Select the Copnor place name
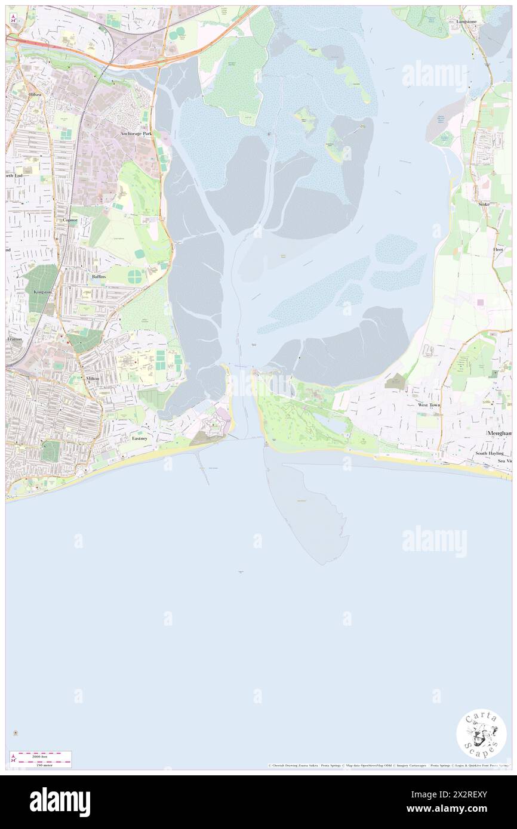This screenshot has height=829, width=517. point(70,219)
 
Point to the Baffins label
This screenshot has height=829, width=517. point(99,277)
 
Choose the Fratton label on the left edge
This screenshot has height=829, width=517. point(14,338)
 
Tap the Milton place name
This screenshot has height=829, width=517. point(93,379)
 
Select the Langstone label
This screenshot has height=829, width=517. point(466,21)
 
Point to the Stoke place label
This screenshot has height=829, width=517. point(484,204)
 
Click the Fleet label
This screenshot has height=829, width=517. point(498,249)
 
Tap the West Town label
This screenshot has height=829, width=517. point(429,405)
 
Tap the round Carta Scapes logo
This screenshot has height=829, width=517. point(481,735)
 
